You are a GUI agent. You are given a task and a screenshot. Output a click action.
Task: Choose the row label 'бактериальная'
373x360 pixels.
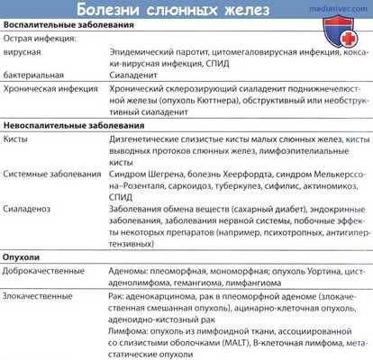pos(36,80)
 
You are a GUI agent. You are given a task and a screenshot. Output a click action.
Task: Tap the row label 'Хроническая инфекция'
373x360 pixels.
pos(53,94)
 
